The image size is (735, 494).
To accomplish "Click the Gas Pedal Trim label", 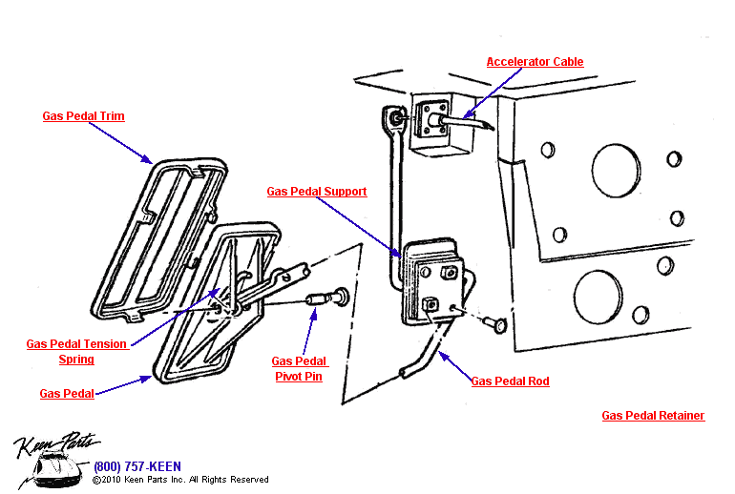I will [83, 116].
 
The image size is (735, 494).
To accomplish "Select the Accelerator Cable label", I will [535, 62].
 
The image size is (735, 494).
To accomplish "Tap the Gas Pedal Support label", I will [317, 192].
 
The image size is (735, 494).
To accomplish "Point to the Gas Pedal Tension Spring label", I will [76, 352].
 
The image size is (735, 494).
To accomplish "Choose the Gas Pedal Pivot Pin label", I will [299, 369].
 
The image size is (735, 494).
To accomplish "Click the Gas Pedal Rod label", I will [510, 381].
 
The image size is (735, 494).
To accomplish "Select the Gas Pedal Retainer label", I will [653, 416].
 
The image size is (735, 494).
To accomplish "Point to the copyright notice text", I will [180, 480].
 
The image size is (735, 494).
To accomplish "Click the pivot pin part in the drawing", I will [325, 301].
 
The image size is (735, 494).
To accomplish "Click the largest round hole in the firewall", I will [616, 170].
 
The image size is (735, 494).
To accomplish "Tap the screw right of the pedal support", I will [493, 324].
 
